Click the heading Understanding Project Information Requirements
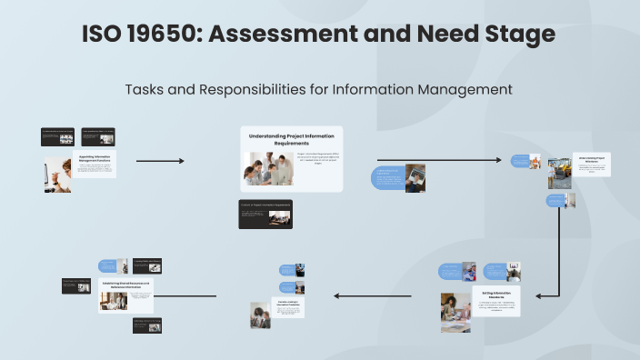292,139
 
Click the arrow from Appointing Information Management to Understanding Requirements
160,161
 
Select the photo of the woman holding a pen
57,174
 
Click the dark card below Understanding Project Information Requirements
265,214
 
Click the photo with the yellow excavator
558,174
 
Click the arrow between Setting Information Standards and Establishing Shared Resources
377,295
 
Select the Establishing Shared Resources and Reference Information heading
126,285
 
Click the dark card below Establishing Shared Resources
147,325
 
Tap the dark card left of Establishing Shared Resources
76,285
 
